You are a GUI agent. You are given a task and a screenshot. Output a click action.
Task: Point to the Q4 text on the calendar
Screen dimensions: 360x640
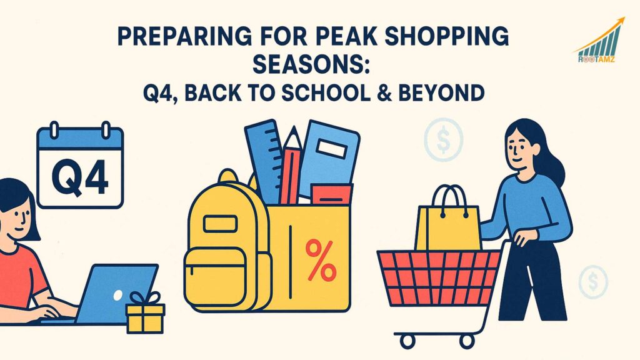80,176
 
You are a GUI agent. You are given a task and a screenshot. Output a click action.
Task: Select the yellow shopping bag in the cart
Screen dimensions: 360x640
447,222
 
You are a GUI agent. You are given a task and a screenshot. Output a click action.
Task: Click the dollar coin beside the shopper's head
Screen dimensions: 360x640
442,140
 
